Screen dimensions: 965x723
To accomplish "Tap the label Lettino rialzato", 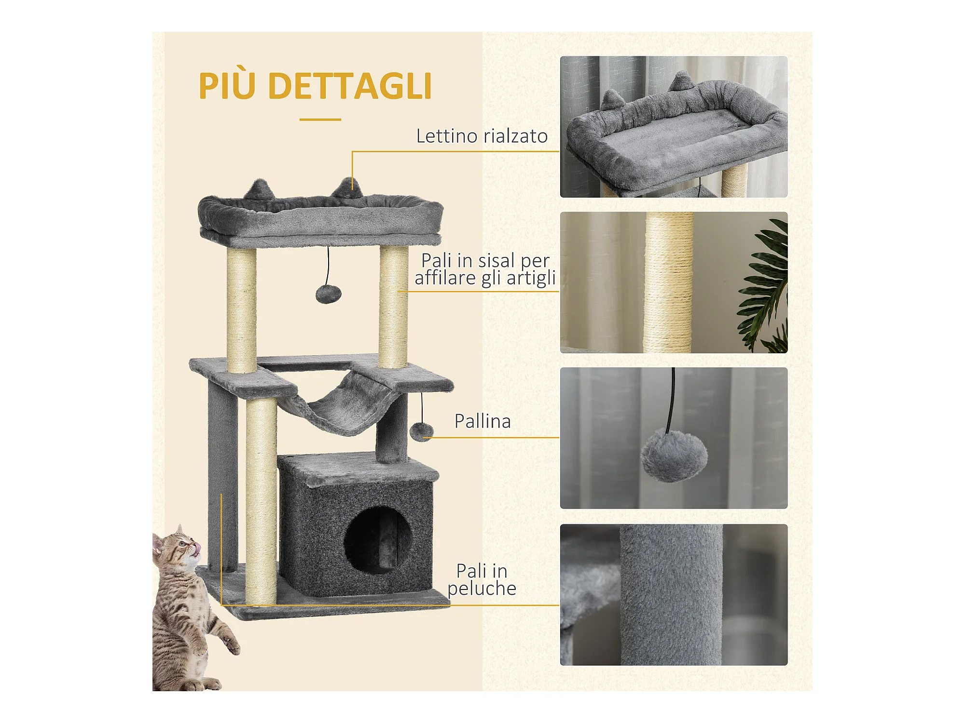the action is [482, 136].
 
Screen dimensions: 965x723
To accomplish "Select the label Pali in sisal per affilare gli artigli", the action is [485, 269].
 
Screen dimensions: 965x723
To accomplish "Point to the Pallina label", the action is [482, 421].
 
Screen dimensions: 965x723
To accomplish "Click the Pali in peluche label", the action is [482, 579].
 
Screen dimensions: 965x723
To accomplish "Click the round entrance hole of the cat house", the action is [378, 539].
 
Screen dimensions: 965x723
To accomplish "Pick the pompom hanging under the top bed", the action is [328, 293].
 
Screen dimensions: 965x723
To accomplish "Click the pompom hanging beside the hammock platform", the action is [421, 432].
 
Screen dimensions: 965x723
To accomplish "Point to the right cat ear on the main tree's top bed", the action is [347, 187].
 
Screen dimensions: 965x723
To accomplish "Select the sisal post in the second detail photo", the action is [668, 282].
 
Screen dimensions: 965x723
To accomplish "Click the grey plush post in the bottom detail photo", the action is [671, 595].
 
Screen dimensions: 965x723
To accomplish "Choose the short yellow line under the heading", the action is [320, 120].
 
